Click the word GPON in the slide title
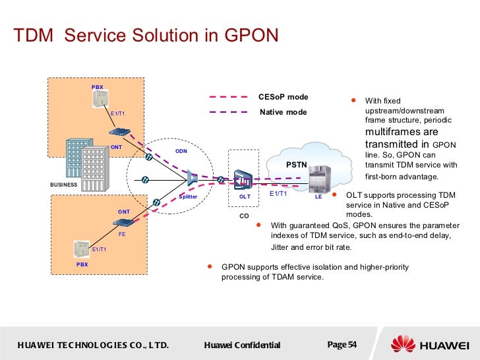248,35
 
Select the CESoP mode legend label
283,98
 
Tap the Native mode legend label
283,112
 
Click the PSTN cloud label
297,163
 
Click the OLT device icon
243,179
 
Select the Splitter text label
188,196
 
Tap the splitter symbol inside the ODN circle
192,177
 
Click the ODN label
181,151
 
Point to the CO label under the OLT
244,215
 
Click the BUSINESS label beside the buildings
64,185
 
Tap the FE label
122,233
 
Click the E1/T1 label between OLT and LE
278,194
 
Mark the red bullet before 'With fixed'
353,101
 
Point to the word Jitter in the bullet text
282,247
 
